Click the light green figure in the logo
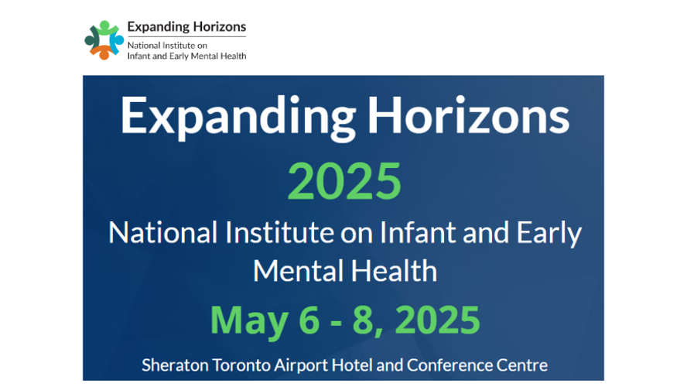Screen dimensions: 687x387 click(105, 29)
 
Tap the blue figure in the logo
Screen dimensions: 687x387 click(117, 43)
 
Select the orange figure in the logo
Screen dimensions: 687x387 click(104, 52)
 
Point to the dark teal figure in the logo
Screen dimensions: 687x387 click(92, 39)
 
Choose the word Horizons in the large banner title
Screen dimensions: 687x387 click(468, 115)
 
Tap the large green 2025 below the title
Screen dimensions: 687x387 click(344, 181)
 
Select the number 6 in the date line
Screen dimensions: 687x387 click(309, 320)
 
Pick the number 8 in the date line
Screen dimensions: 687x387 click(363, 320)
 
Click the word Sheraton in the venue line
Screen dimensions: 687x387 click(175, 365)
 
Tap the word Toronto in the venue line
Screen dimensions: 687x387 click(241, 365)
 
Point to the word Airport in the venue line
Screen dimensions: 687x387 click(302, 366)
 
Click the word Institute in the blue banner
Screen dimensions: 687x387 click(280, 232)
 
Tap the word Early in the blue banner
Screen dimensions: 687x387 click(549, 234)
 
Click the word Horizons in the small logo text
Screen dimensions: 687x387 click(220, 27)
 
